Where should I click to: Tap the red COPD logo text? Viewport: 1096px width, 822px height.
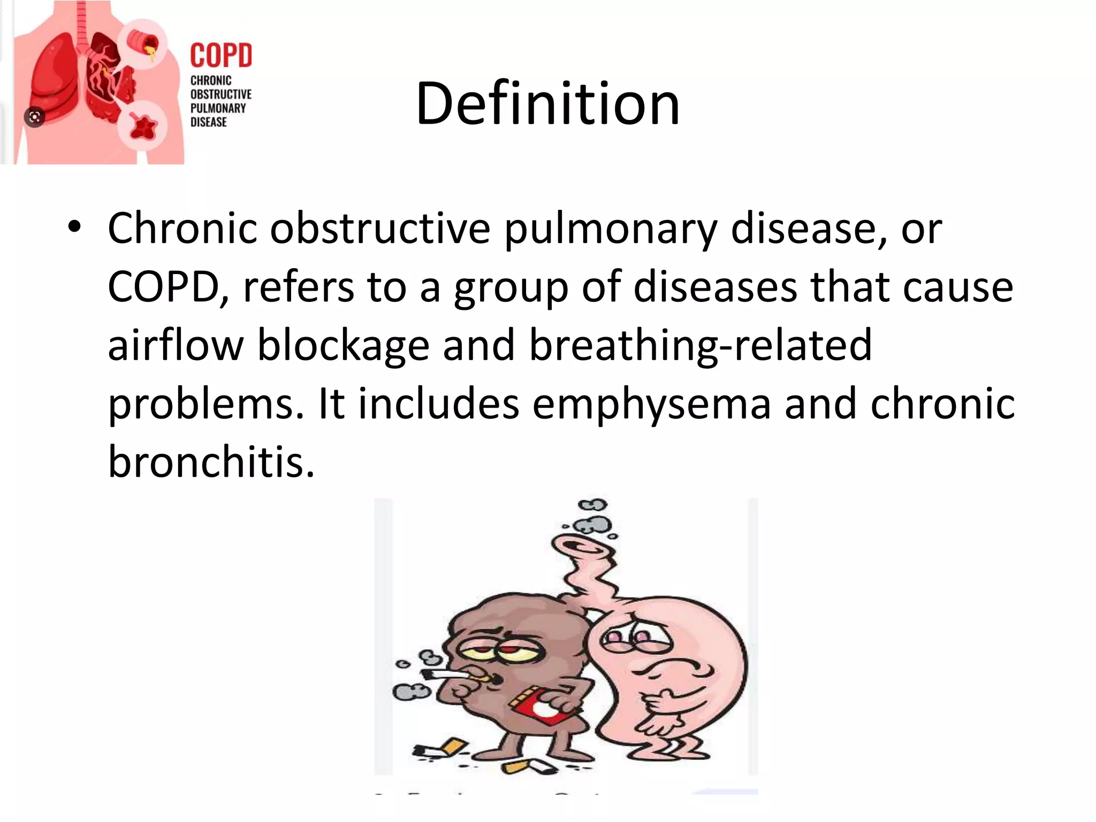[x=221, y=56]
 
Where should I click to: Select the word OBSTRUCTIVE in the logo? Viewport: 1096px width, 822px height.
[x=220, y=94]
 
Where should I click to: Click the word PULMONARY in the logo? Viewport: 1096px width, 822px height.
[x=218, y=108]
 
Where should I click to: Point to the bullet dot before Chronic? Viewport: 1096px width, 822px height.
[x=74, y=227]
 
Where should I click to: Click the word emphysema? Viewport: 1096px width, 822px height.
[x=651, y=404]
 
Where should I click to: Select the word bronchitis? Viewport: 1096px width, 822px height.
[x=211, y=461]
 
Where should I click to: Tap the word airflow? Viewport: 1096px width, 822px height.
[x=176, y=345]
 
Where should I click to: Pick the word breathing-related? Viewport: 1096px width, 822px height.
[x=700, y=345]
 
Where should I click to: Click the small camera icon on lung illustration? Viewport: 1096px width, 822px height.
[x=35, y=117]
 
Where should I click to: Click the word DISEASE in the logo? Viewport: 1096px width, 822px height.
[x=209, y=122]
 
